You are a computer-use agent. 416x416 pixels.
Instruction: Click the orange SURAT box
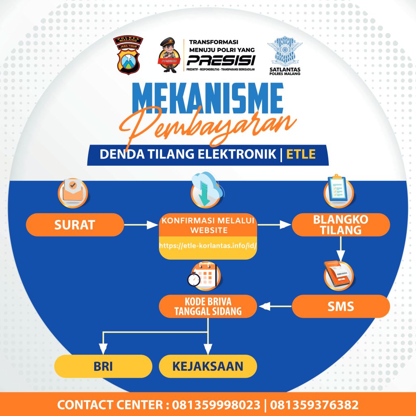(x=75, y=225)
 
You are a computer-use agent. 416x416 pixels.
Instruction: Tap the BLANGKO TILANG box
(x=341, y=225)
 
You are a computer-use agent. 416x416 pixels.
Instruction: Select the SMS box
(x=341, y=306)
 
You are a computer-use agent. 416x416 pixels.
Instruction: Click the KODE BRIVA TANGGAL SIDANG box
(x=208, y=306)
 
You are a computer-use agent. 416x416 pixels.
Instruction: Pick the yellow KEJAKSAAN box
(x=208, y=366)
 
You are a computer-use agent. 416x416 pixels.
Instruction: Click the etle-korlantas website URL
(x=208, y=246)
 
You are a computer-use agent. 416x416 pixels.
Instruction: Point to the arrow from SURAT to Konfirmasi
(x=141, y=225)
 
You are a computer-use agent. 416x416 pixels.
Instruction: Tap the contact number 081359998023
(x=216, y=405)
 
